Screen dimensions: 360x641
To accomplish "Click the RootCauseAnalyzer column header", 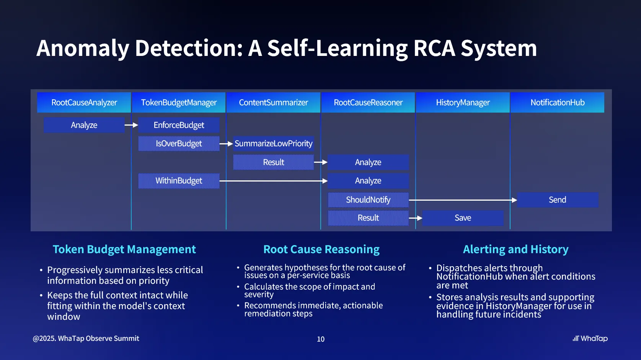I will click(84, 102).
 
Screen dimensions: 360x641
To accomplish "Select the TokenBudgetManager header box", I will click(179, 102).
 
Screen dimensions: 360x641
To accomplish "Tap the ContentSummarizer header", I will click(273, 102).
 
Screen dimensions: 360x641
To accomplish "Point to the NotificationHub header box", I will click(557, 102).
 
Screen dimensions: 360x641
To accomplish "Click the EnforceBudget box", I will click(179, 125).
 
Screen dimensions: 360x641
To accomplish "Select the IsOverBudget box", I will click(179, 144).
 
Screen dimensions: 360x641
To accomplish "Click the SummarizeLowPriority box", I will click(273, 144).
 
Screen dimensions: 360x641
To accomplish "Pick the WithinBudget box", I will click(179, 181).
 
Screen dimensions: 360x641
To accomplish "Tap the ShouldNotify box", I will click(368, 200).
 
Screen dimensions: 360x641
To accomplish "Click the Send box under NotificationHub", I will click(557, 200).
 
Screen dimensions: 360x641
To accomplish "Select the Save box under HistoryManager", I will click(463, 218).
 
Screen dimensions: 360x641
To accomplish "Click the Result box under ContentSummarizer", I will click(273, 162).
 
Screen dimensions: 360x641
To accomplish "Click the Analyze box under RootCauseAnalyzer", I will click(84, 125).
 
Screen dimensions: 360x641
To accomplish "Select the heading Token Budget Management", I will click(124, 249).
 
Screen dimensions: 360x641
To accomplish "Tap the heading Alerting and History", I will click(515, 249).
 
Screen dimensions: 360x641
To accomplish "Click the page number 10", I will click(321, 339).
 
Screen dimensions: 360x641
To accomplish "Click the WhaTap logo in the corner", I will click(590, 339).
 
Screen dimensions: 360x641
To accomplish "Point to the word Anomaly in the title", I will click(83, 48).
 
